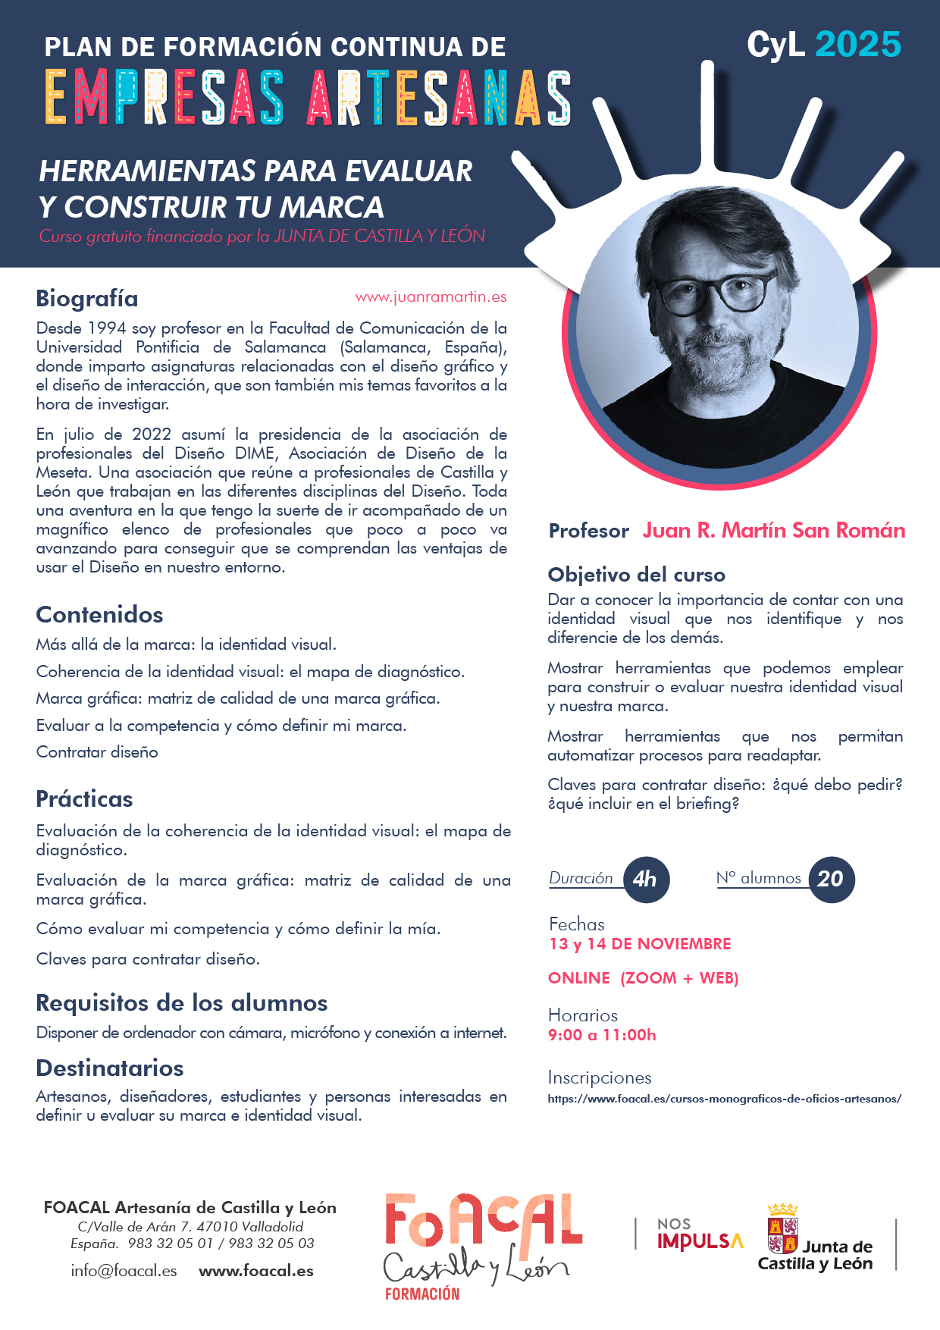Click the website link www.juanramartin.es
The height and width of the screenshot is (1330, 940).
pos(431,297)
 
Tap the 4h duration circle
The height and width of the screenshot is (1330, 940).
pos(646,879)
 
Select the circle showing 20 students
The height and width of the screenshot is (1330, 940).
pos(831,879)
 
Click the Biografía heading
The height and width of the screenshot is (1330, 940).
pos(87,299)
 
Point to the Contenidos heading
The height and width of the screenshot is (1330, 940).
pos(99,615)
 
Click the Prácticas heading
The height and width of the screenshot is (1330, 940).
pos(84,799)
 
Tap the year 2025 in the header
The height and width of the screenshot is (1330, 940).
pos(858,45)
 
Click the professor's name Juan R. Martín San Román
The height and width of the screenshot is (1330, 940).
pos(774,530)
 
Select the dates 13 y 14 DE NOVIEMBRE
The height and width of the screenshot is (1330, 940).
pos(640,944)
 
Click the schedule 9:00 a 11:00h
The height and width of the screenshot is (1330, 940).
pos(602,1035)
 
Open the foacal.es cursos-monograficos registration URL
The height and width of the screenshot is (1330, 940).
pos(724,1099)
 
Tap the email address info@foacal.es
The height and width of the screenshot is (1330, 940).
pos(124,1271)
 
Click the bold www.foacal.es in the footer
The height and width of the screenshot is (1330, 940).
pos(256,1271)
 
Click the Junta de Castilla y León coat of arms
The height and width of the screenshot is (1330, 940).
pos(782,1229)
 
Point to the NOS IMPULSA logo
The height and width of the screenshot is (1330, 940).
pos(699,1234)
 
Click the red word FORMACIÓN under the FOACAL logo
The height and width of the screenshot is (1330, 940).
pos(422,1294)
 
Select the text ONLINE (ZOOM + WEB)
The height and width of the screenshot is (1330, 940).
pos(643,978)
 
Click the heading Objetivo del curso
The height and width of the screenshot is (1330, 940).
pos(636,575)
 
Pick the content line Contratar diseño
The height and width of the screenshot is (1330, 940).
pos(97,752)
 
